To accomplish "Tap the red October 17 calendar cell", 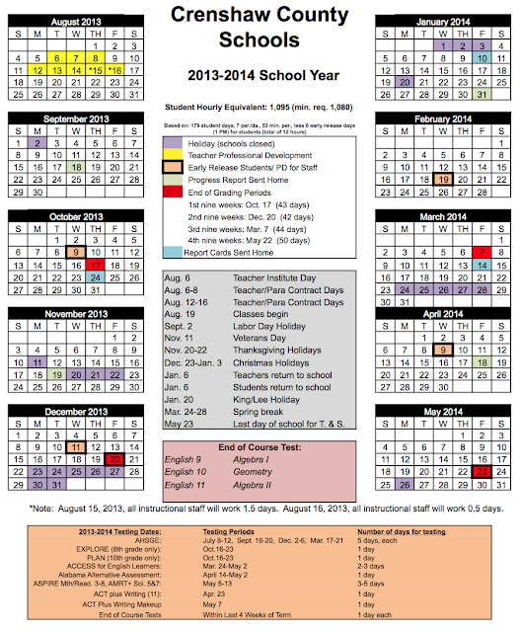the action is coord(96,266).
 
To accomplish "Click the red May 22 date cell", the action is coord(483,472).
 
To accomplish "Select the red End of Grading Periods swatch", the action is coord(171,193).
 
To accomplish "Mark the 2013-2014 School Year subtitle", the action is coord(260,76).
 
